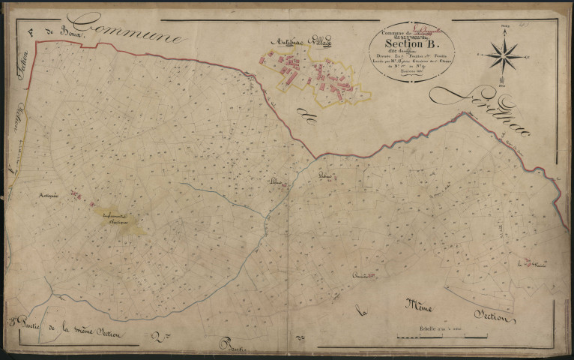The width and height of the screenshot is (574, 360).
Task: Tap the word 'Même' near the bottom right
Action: pos(421,304)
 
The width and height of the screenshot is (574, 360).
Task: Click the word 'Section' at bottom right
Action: pos(492,318)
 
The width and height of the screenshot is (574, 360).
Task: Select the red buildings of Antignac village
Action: pos(315,75)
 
